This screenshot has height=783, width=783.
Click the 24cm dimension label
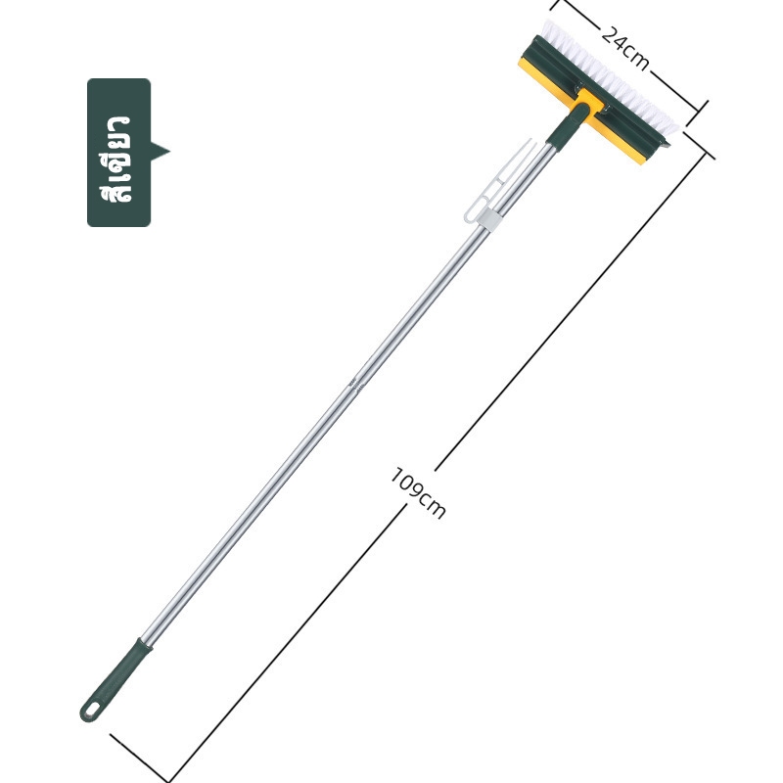coord(624,49)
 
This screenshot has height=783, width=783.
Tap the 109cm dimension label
coord(417,493)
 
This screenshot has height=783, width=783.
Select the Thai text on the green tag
coord(116,159)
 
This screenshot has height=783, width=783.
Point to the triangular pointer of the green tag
coord(160,152)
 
